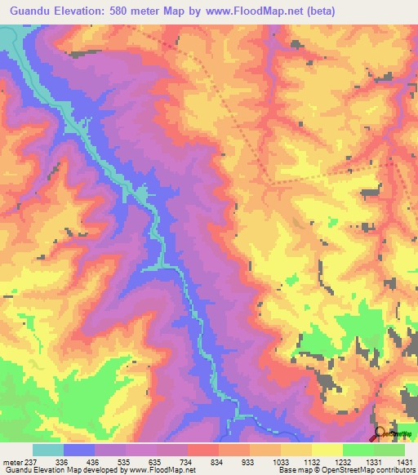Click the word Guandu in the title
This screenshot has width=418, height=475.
tap(35, 11)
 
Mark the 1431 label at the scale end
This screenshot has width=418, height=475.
tap(402, 461)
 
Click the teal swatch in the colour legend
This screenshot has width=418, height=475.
tap(47, 450)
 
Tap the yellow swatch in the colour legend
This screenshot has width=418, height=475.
tap(327, 450)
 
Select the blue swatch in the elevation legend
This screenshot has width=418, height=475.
tap(78, 450)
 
